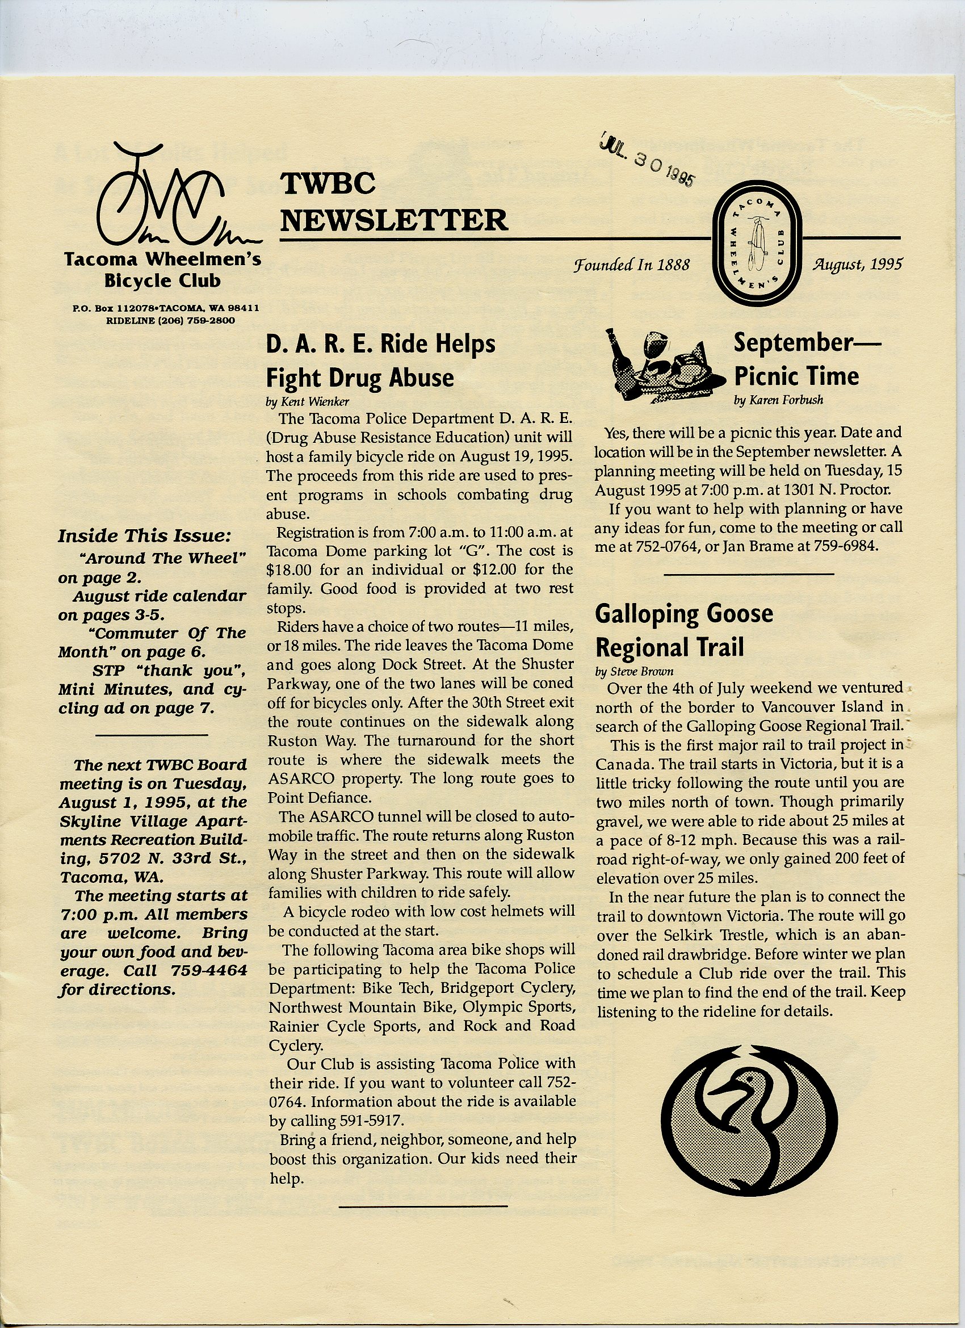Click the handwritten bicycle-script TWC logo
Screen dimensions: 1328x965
173,199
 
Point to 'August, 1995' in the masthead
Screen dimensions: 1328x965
856,264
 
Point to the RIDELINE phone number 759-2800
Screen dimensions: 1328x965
211,320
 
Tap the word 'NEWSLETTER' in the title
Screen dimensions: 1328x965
394,220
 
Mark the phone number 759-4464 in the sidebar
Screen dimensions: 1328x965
209,971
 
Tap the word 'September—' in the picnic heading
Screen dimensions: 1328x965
806,342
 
